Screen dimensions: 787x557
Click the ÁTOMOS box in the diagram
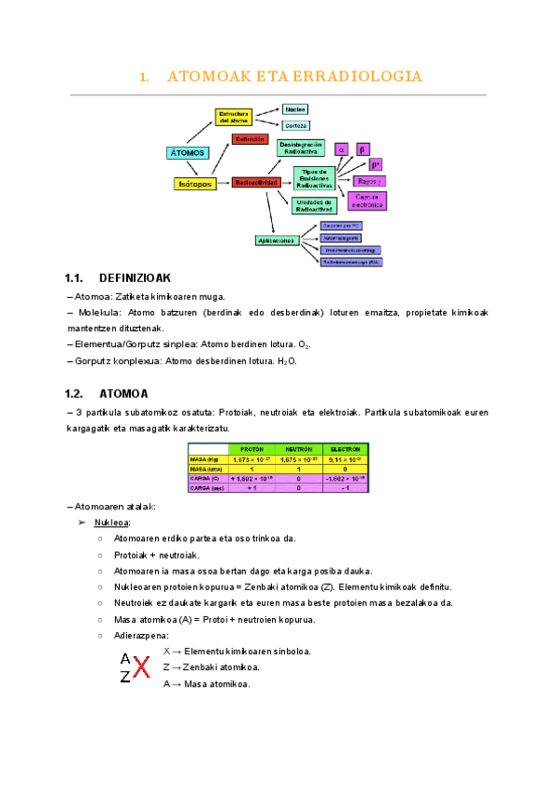[189, 152]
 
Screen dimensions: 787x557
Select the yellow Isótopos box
[195, 184]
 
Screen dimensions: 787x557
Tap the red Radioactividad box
[255, 183]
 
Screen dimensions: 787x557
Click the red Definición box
[251, 138]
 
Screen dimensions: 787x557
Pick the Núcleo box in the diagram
[296, 110]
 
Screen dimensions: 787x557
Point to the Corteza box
[296, 125]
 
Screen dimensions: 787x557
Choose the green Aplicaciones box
[277, 240]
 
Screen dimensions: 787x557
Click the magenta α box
[341, 148]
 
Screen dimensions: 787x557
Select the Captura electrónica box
[366, 200]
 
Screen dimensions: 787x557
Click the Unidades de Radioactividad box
[314, 205]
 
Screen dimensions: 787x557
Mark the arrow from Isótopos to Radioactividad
[224, 183]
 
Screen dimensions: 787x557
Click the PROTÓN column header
[253, 449]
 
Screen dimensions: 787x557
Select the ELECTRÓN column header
[344, 449]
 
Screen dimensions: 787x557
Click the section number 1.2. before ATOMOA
[76, 393]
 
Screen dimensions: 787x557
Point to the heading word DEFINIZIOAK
[135, 277]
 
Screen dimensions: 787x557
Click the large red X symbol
[141, 667]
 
